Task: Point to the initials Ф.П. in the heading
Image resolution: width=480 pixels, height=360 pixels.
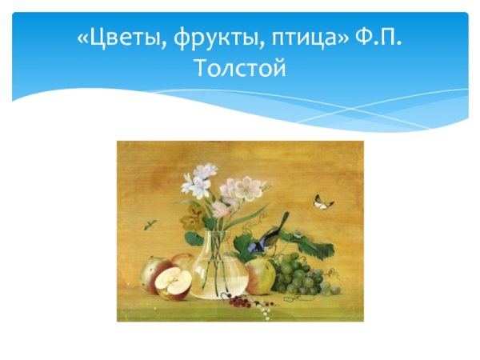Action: (376, 38)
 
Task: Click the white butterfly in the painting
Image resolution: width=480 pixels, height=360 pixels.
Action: (323, 202)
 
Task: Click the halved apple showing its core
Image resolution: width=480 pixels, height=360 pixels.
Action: (174, 282)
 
